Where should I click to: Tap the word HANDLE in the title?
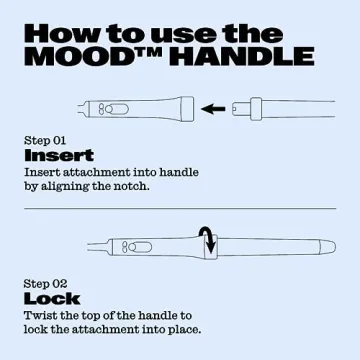243,57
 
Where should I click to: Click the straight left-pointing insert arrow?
213,109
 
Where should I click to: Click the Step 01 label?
45,141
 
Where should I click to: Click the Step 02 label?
45,284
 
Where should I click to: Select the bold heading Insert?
59,156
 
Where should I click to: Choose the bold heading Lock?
52,299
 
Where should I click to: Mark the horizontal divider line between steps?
180,209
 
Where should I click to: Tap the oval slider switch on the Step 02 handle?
140,247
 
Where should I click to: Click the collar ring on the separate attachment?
256,109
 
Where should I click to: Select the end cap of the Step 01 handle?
188,109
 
